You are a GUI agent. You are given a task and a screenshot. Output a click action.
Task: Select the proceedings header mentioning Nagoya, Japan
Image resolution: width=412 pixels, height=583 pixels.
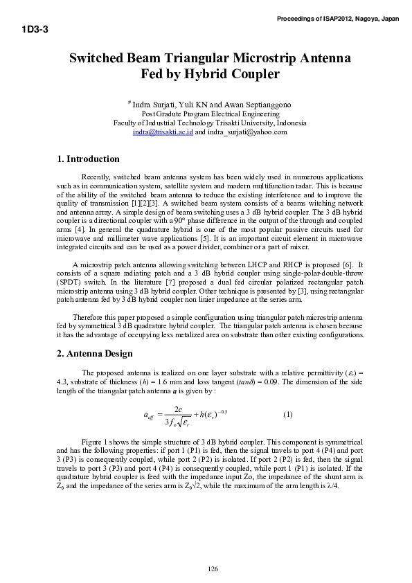click(342, 19)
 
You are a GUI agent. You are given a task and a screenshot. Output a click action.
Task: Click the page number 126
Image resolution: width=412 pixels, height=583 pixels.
click(213, 569)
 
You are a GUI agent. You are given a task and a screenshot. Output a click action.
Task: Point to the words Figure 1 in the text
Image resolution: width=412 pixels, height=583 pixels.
click(96, 441)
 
